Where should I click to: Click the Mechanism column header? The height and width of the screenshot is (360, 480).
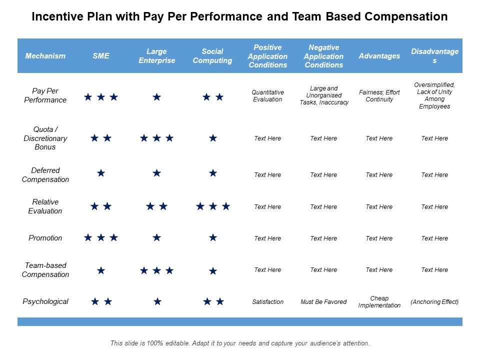(x=45, y=56)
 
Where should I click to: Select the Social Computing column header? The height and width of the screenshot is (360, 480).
(x=212, y=56)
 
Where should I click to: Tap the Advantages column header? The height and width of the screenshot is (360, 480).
(x=379, y=56)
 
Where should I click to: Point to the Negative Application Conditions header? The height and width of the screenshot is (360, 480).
(x=323, y=56)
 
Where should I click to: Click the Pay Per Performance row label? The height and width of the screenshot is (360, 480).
(x=45, y=95)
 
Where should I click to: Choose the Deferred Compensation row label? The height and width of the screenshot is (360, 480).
(x=45, y=175)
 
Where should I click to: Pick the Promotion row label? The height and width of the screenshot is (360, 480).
(x=45, y=238)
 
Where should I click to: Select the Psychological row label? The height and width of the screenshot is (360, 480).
(x=45, y=301)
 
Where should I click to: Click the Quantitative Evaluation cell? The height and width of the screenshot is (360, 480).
(x=267, y=96)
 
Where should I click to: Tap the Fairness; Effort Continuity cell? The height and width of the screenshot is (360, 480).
(x=379, y=96)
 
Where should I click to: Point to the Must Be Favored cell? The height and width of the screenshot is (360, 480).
(x=323, y=302)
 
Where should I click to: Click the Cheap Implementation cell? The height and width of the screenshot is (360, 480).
(x=379, y=302)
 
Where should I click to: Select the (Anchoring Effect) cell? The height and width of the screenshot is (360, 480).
(x=434, y=302)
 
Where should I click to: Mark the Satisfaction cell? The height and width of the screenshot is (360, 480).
(x=267, y=302)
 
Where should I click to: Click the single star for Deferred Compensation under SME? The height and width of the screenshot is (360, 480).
(x=101, y=173)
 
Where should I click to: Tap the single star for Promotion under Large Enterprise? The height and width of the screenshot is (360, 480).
(x=157, y=237)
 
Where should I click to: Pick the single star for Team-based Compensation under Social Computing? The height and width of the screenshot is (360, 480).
(x=213, y=271)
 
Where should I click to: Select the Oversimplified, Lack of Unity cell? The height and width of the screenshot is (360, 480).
(x=434, y=95)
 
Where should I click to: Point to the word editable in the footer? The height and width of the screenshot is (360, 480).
(x=168, y=343)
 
